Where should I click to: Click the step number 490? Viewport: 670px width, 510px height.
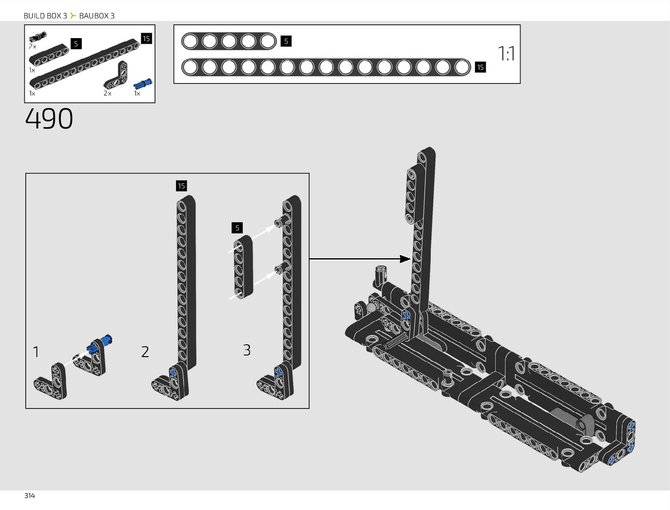click(49, 119)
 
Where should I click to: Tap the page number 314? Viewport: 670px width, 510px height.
click(30, 496)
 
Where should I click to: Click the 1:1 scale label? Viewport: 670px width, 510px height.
click(506, 54)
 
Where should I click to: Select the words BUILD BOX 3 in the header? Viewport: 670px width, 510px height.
click(45, 16)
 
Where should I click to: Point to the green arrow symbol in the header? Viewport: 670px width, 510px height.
click(73, 16)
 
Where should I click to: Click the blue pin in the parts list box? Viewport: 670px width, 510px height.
click(143, 83)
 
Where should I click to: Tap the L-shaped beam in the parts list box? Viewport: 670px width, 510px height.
click(116, 76)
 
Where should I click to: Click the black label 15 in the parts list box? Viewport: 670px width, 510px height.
click(146, 39)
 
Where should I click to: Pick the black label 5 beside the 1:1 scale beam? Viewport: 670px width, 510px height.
click(286, 41)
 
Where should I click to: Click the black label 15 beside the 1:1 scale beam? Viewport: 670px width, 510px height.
click(480, 67)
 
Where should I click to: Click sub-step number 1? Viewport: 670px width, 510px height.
click(36, 352)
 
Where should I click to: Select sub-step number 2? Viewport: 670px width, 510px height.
click(145, 352)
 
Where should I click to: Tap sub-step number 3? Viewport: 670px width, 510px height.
click(247, 350)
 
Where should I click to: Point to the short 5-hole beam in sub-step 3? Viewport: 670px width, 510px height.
click(243, 266)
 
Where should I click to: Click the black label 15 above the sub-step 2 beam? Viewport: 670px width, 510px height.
click(181, 186)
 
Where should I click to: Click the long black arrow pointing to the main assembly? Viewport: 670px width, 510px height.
click(360, 259)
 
